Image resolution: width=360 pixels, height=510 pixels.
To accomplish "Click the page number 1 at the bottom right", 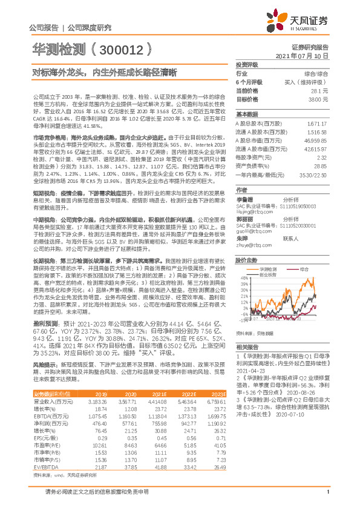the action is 327,498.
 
